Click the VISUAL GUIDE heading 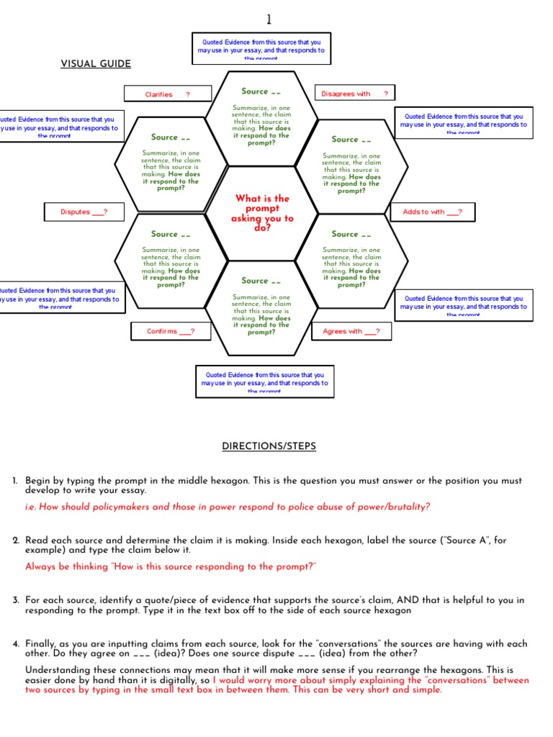coord(96,64)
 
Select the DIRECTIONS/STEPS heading coord(269,446)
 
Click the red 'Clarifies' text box coord(168,94)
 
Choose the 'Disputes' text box coord(84,212)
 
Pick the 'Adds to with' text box coord(433,212)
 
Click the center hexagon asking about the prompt coord(262,213)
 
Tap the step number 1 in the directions coord(14,480)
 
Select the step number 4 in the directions coord(14,643)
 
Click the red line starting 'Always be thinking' coord(171,566)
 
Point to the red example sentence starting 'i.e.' coord(228,507)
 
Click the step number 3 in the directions coord(14,600)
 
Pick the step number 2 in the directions coord(14,540)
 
